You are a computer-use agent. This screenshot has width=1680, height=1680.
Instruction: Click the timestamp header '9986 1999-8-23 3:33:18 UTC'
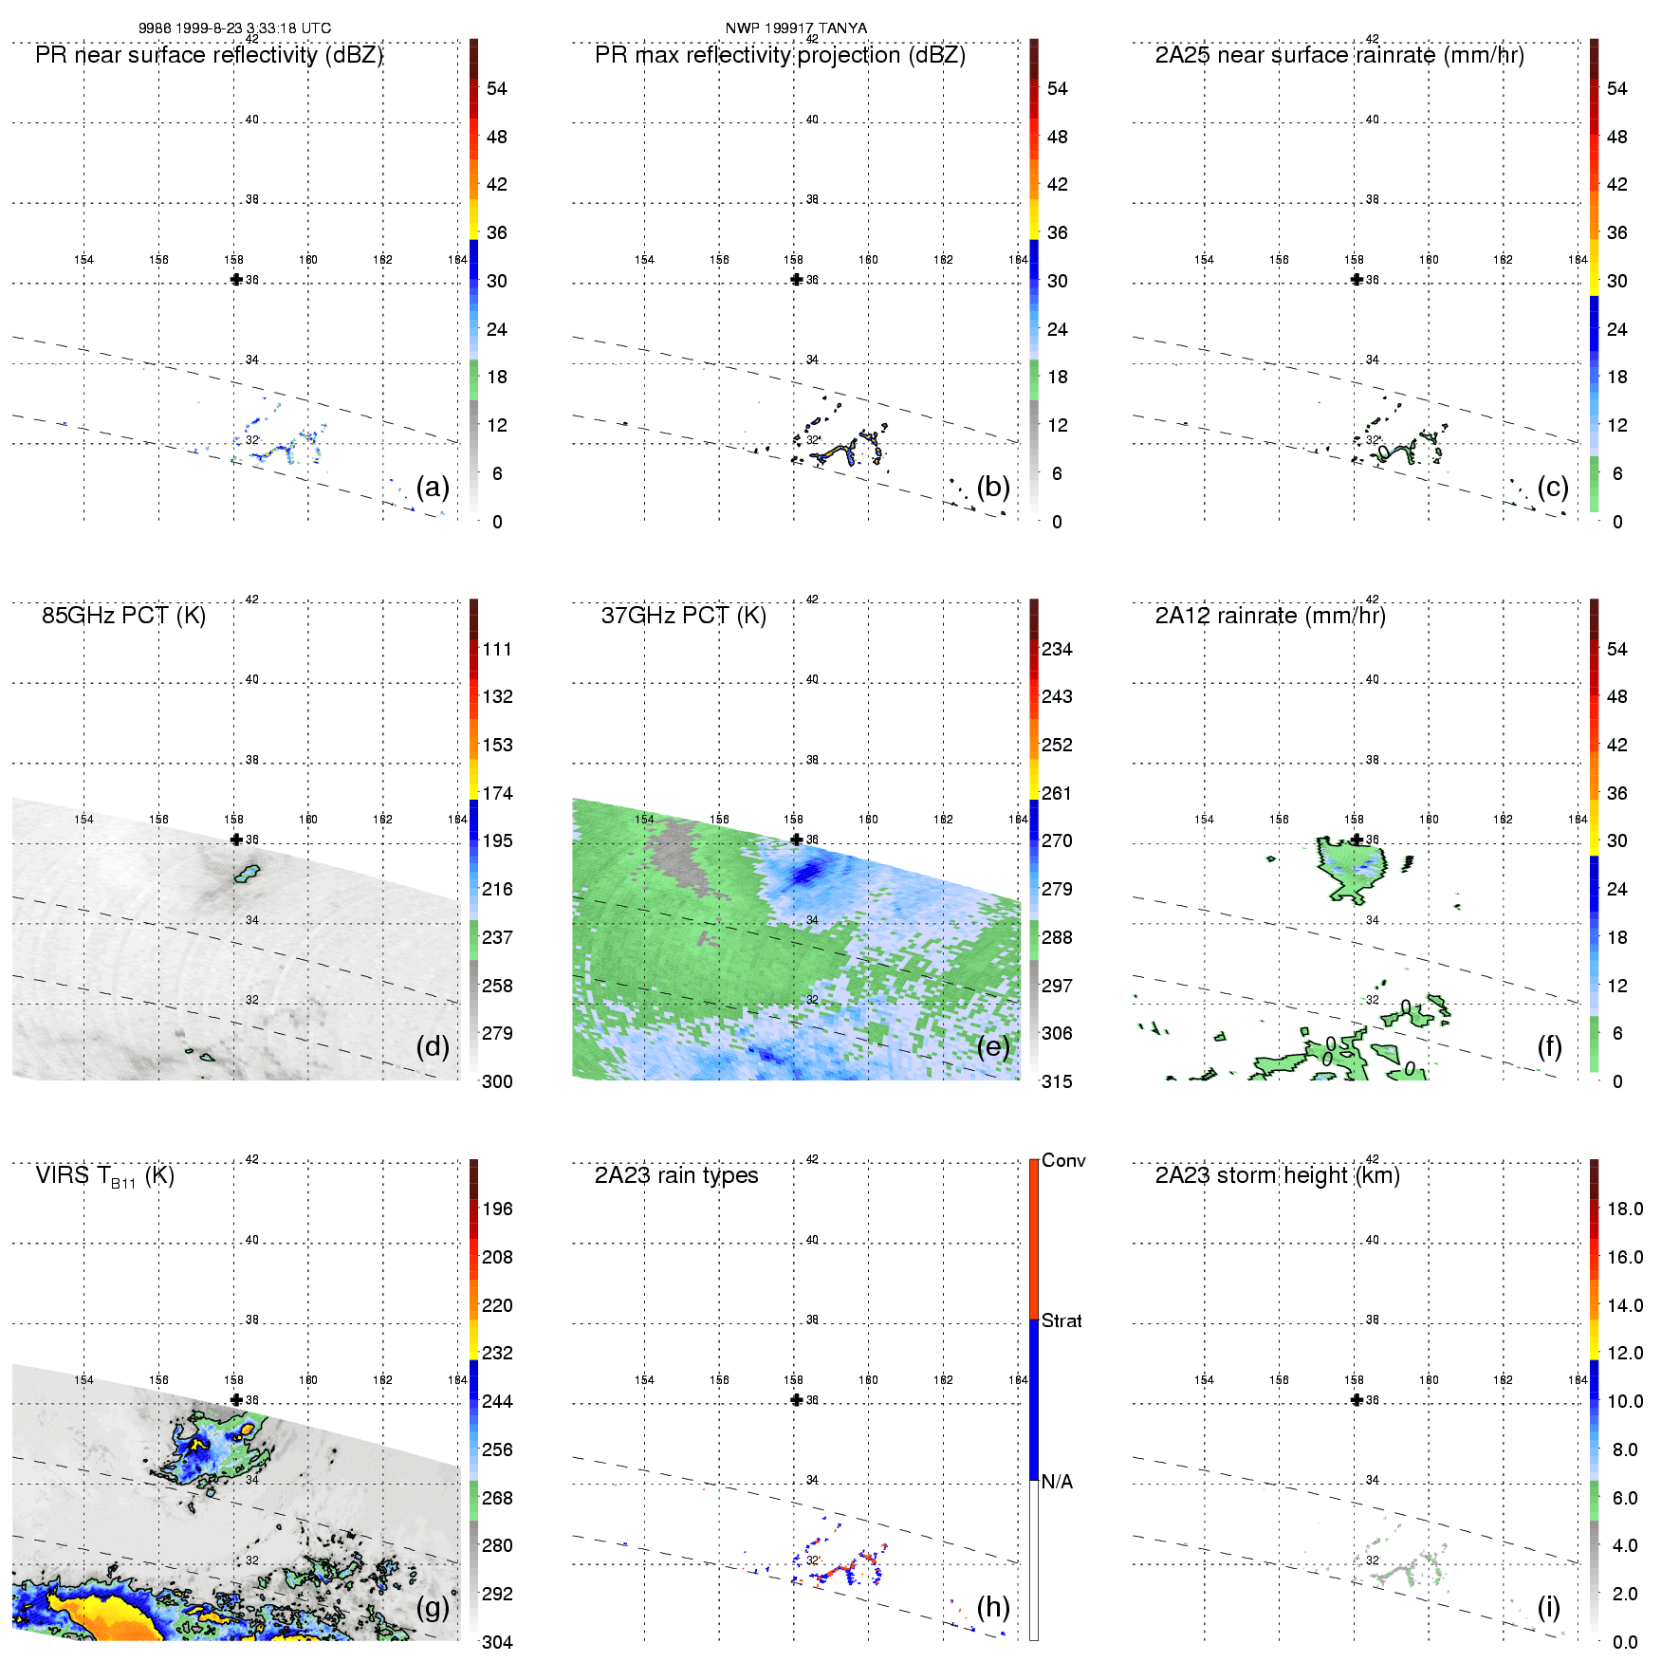[234, 28]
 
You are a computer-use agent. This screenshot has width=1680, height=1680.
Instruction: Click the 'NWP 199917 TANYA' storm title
[796, 28]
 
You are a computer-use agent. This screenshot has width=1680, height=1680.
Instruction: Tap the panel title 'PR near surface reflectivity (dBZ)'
[209, 55]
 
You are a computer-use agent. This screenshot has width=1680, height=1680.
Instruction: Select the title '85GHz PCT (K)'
[123, 616]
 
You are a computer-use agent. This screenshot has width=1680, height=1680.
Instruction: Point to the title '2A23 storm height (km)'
[1277, 1175]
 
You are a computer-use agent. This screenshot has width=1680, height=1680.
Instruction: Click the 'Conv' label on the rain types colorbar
[1062, 1160]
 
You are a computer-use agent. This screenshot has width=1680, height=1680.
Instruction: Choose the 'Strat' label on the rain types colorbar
[1062, 1320]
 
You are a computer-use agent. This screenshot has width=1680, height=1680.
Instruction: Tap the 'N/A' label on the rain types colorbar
[1057, 1482]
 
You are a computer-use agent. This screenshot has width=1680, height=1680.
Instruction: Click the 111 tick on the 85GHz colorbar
[497, 649]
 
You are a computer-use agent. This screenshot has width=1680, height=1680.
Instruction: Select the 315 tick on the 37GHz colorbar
[1057, 1081]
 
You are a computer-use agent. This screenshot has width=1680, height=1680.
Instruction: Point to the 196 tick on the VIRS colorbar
[497, 1209]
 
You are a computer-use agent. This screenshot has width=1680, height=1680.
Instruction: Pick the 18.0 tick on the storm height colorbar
[1624, 1209]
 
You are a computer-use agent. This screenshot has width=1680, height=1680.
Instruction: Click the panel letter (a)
[433, 488]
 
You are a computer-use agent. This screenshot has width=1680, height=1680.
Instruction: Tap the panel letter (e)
[993, 1046]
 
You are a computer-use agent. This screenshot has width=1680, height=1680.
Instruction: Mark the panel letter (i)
[1548, 1607]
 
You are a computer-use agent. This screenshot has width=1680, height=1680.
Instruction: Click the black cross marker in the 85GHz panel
[236, 840]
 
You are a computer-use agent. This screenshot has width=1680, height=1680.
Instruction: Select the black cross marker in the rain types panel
[797, 1400]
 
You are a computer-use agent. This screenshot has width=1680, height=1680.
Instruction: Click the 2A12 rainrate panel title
[1269, 616]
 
